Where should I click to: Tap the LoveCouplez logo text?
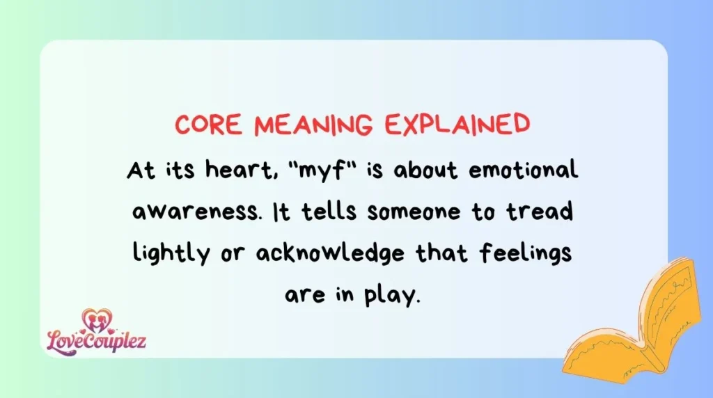(x=97, y=341)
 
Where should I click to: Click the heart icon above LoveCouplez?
(x=96, y=319)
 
